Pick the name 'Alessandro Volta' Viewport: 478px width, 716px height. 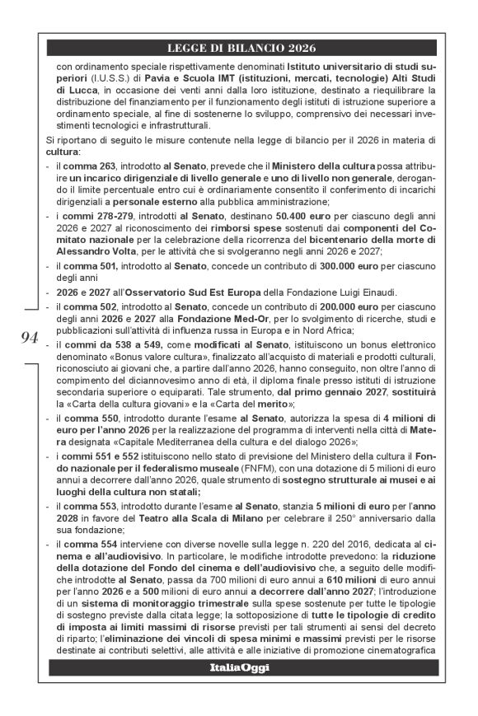click(x=91, y=252)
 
